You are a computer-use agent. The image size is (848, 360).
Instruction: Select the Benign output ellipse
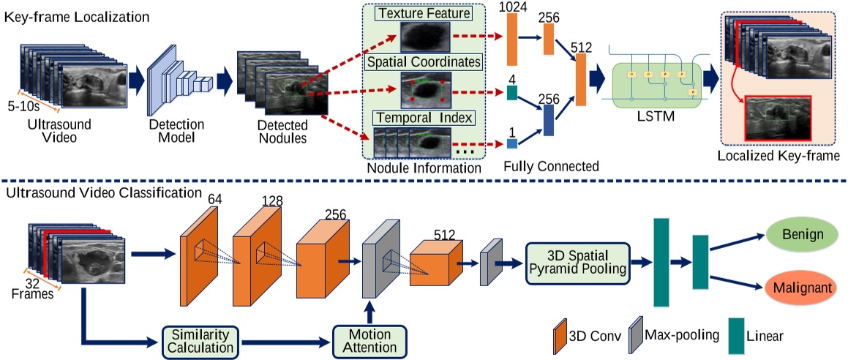click(801, 235)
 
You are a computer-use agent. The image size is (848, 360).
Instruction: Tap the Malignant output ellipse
click(801, 287)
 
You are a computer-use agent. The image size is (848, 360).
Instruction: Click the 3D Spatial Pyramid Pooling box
click(578, 263)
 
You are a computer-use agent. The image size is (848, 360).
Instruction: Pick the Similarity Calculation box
click(198, 340)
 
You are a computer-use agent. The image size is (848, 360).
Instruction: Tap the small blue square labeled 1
click(511, 144)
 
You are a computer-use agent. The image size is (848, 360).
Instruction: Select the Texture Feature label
click(424, 11)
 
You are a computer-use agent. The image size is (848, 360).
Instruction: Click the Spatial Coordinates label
click(424, 62)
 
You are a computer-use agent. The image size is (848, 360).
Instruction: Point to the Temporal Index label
click(424, 117)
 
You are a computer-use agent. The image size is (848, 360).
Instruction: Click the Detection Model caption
click(176, 132)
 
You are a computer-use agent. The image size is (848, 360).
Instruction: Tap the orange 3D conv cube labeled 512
click(436, 262)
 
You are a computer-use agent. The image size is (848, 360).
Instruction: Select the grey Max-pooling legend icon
click(636, 334)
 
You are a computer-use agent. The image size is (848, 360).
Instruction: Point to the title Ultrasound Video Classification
click(102, 192)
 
